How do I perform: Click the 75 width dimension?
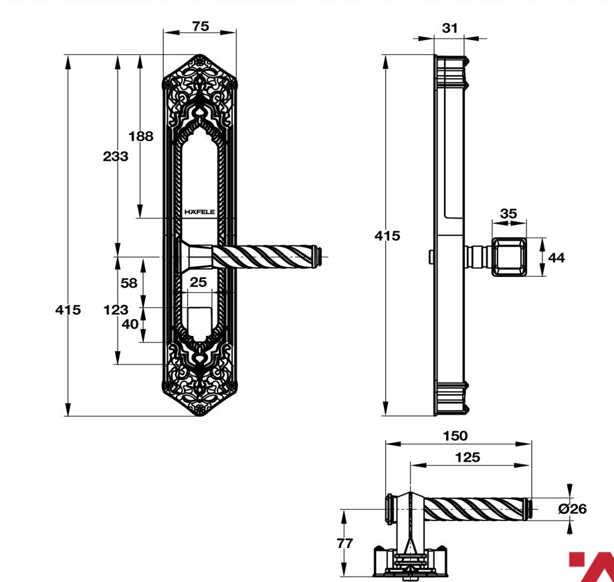click(201, 26)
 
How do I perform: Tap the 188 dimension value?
click(141, 136)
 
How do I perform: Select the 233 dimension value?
click(116, 157)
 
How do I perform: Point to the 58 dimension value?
click(129, 283)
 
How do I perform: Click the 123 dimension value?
click(116, 310)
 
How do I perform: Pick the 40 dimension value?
click(130, 324)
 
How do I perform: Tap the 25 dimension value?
click(198, 282)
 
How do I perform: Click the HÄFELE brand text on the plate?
click(200, 212)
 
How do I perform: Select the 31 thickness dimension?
click(449, 28)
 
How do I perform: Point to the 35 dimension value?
click(509, 213)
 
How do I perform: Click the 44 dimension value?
click(556, 258)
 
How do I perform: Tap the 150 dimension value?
click(455, 436)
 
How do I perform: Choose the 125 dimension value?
click(468, 457)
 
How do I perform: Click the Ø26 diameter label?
click(573, 509)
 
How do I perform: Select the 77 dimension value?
click(345, 543)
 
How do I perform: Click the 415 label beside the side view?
click(387, 235)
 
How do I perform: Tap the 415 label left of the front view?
click(68, 310)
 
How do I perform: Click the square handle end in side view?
click(509, 257)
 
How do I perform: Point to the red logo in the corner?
click(592, 567)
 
